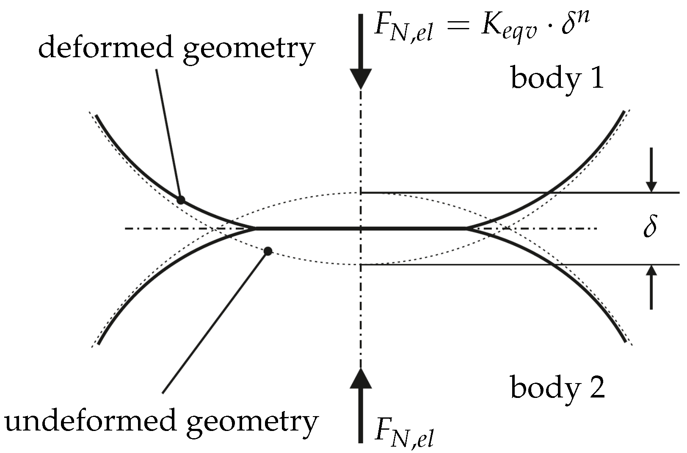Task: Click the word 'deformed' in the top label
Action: click(x=106, y=48)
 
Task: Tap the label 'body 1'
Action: click(x=557, y=78)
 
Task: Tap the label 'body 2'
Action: click(x=557, y=387)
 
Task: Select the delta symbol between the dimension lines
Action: click(x=650, y=228)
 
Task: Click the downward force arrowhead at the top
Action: click(x=361, y=78)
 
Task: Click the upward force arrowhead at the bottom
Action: click(x=361, y=378)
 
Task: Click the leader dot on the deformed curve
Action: click(x=181, y=200)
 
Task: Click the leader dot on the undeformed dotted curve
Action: click(x=268, y=251)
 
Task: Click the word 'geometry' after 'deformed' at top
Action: click(x=250, y=50)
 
